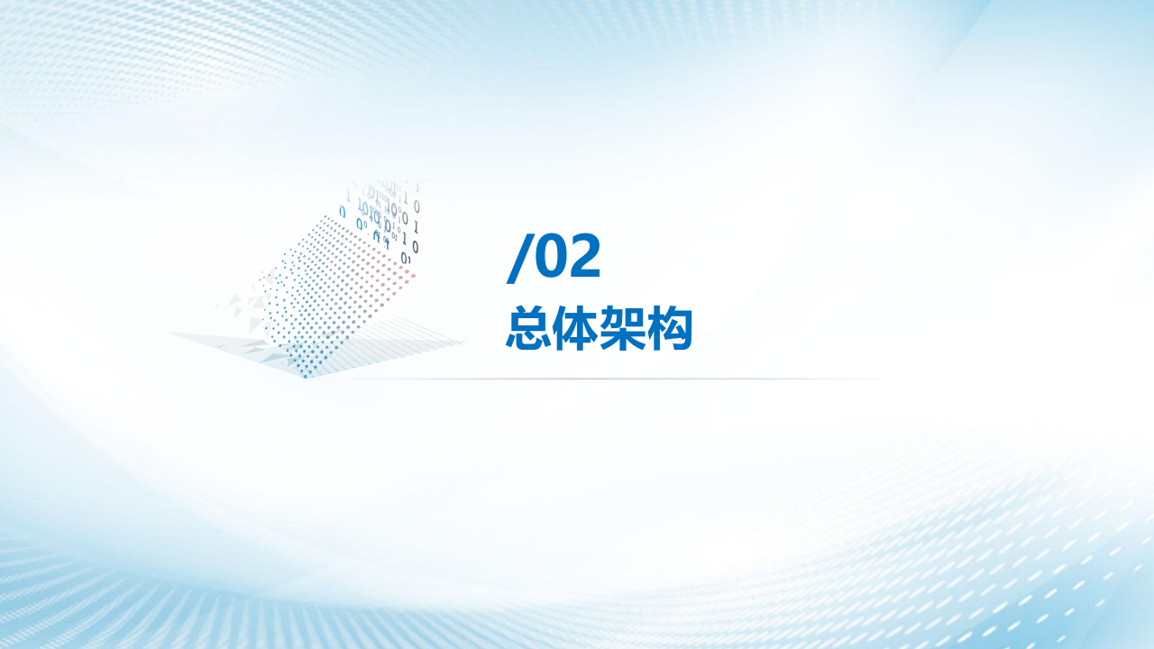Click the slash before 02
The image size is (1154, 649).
coord(518,258)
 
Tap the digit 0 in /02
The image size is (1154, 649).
coord(550,257)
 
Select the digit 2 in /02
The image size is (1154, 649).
coord(583,257)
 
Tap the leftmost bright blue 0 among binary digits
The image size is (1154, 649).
coord(343,212)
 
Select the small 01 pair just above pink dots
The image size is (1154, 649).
coord(405,258)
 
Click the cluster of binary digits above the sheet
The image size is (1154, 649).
coord(388,216)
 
